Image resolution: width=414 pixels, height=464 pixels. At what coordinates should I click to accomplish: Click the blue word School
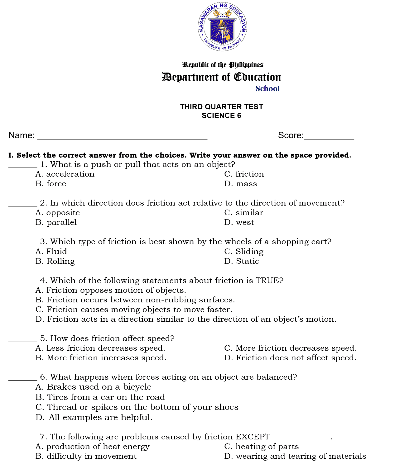(x=267, y=89)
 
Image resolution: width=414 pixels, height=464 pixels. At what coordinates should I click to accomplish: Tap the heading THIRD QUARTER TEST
(x=221, y=107)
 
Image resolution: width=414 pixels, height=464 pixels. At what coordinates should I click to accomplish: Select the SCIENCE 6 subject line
(x=221, y=116)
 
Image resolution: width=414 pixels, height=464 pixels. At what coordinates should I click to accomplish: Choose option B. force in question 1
(x=51, y=184)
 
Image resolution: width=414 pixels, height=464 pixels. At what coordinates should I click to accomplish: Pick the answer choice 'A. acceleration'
(x=65, y=174)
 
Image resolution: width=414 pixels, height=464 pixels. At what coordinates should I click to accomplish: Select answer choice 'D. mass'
(x=241, y=184)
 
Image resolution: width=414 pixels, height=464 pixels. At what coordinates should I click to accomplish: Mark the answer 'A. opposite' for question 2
(x=58, y=213)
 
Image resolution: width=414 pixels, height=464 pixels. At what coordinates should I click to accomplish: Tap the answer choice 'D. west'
(x=239, y=222)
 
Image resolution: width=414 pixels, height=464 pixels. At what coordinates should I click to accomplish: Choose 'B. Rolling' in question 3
(x=55, y=261)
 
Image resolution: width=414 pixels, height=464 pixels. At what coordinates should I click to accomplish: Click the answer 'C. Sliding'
(x=244, y=252)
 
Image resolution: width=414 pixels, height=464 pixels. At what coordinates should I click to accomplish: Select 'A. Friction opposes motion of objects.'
(x=111, y=290)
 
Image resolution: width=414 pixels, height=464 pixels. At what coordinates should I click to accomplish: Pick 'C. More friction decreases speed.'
(x=290, y=348)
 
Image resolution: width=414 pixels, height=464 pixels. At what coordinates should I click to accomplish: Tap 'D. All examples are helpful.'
(x=94, y=417)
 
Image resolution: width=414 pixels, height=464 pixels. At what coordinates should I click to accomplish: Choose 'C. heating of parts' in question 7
(x=261, y=447)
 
